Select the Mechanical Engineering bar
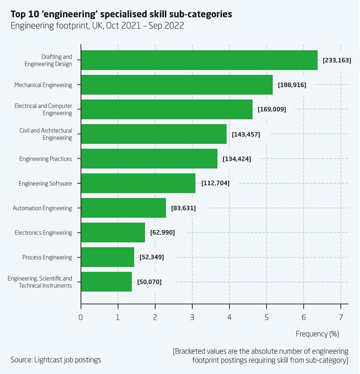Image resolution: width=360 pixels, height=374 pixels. click(177, 85)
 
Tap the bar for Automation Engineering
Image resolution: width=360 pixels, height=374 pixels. click(123, 208)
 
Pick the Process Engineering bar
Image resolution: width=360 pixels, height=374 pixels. click(107, 257)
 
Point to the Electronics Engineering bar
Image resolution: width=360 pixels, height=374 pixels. click(113, 232)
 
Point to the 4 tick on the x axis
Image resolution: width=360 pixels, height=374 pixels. click(229, 317)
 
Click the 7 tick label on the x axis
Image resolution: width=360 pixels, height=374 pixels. click(341, 317)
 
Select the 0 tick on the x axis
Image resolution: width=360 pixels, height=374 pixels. click(81, 317)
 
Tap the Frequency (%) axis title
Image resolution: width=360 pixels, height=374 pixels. click(317, 334)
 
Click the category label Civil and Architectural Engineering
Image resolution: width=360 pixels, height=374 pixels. click(45, 134)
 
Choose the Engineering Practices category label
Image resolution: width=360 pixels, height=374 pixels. click(45, 159)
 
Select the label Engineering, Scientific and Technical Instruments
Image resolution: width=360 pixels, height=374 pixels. click(40, 282)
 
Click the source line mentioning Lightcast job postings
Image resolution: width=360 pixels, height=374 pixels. click(56, 360)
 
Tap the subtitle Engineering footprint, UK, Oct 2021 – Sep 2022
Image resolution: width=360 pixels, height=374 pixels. click(97, 26)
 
